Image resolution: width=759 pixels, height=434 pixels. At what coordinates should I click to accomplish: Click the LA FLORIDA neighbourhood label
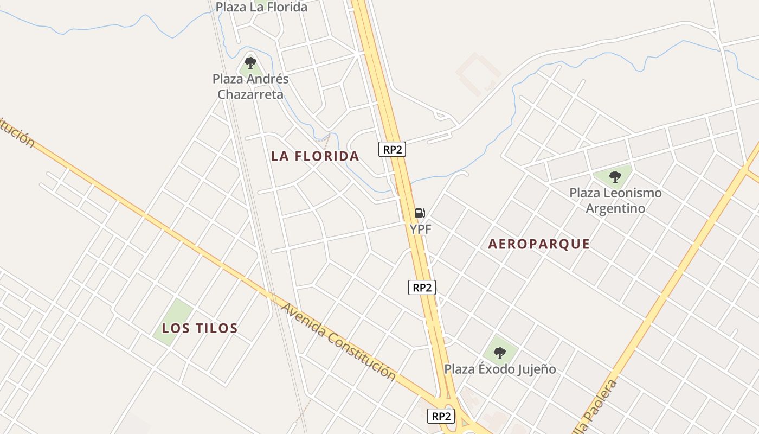click(x=315, y=156)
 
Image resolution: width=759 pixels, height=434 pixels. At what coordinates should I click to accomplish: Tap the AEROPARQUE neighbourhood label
click(x=539, y=244)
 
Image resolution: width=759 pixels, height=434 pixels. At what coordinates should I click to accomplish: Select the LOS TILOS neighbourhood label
click(x=200, y=328)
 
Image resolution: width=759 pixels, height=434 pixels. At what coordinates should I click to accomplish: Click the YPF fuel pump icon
click(x=420, y=213)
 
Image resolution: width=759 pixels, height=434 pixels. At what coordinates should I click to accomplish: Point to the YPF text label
click(x=421, y=229)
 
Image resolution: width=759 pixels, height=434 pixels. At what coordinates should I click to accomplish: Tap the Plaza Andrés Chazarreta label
click(x=250, y=87)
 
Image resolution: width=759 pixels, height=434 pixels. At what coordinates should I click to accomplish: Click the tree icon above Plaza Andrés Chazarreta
click(x=250, y=63)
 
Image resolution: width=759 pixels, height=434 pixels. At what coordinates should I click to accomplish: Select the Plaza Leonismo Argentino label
click(x=615, y=200)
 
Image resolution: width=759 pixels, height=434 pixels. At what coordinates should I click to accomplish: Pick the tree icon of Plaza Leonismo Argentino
click(x=615, y=176)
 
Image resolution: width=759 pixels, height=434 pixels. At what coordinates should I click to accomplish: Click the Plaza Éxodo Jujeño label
click(x=500, y=369)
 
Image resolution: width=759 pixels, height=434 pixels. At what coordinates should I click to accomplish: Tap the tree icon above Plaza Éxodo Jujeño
click(x=500, y=353)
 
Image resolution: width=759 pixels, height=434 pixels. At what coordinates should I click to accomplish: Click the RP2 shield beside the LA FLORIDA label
click(x=392, y=150)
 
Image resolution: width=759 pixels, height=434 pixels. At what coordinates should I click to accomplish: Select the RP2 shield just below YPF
click(x=422, y=288)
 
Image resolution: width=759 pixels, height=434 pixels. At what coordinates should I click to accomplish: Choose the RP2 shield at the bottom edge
click(x=441, y=416)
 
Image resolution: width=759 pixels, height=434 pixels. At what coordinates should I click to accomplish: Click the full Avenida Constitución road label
click(x=338, y=342)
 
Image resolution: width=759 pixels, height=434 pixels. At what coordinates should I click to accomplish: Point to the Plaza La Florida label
click(x=261, y=7)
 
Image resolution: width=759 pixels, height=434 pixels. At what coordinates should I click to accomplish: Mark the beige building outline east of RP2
click(x=478, y=73)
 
